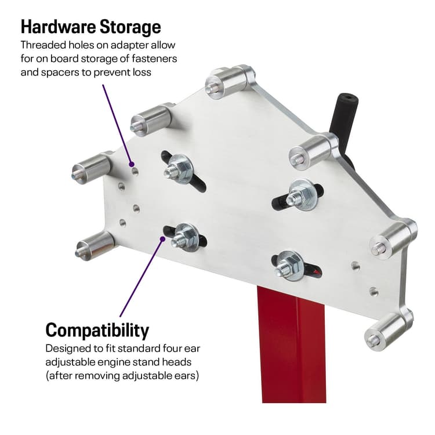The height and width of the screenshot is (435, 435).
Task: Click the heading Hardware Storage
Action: (90, 27)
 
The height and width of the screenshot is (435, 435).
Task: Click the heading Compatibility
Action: (97, 330)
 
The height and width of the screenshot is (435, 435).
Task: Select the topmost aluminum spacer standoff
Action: (229, 82)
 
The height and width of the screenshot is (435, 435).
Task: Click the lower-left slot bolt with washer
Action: (184, 234)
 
